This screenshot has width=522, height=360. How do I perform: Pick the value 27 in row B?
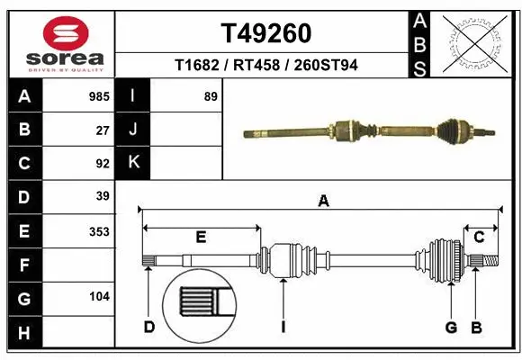(103, 130)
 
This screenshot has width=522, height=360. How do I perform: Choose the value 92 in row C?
(103, 164)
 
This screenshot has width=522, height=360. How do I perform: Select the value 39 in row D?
(103, 196)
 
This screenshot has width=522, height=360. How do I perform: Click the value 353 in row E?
(99, 231)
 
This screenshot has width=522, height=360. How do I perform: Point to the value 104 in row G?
(99, 296)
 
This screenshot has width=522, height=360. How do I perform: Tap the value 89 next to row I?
(211, 95)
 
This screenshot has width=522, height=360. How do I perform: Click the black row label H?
(24, 334)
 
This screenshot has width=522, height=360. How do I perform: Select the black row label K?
(133, 163)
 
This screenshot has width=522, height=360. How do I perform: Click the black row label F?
(24, 265)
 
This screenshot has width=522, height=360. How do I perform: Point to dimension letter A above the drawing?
(323, 202)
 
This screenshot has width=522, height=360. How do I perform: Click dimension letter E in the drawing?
(201, 237)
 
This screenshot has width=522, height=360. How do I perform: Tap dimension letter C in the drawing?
(479, 237)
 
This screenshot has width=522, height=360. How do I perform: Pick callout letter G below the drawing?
(452, 326)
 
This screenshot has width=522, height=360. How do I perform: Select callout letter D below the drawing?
(149, 326)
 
